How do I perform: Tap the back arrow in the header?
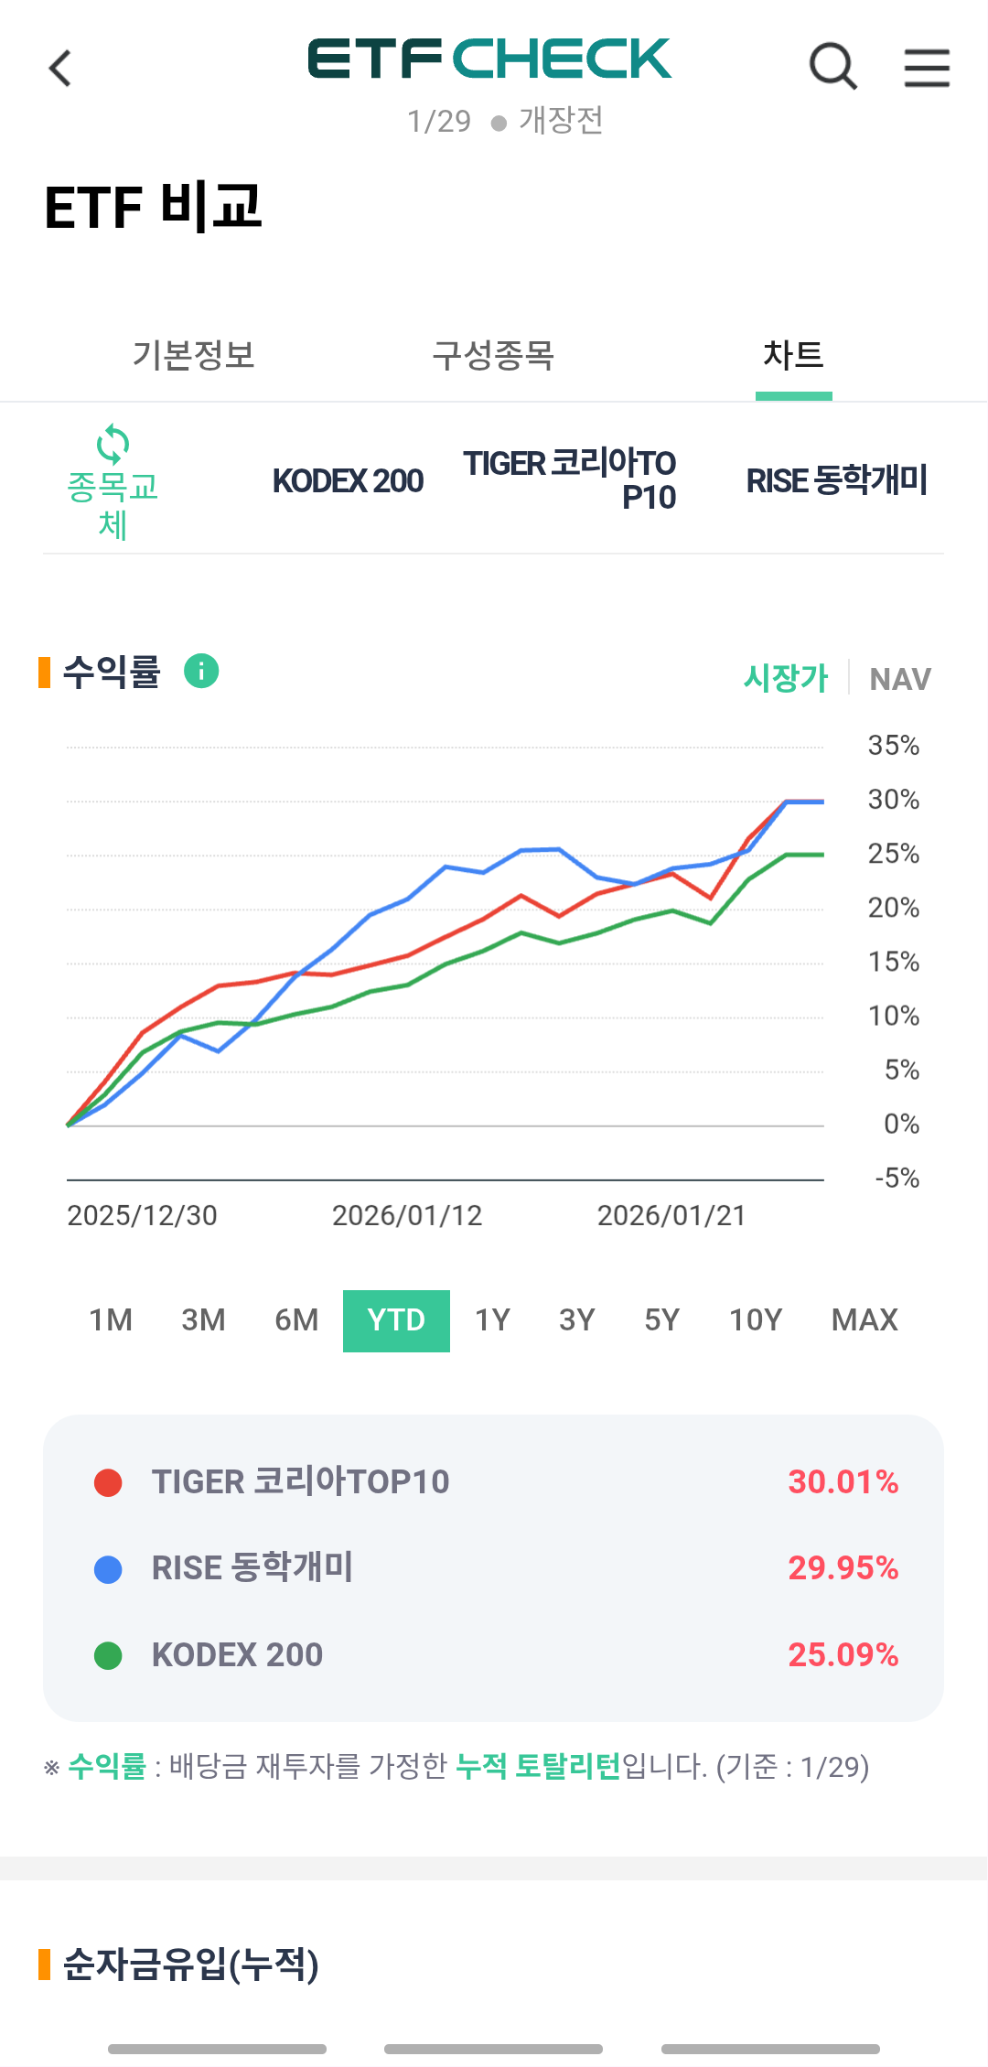tap(60, 69)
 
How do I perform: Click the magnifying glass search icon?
tap(832, 67)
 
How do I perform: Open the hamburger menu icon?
tap(927, 68)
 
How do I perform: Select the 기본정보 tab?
tap(193, 355)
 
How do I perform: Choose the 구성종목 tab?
tap(493, 355)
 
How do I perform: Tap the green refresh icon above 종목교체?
tap(113, 445)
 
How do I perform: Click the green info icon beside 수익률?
tap(201, 671)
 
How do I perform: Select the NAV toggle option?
tap(900, 679)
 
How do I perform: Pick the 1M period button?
tap(111, 1320)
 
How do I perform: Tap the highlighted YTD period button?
tap(396, 1320)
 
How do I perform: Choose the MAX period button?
tap(864, 1320)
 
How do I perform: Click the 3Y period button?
tap(577, 1320)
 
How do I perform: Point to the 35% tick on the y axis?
tap(893, 746)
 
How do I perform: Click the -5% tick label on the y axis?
tap(897, 1178)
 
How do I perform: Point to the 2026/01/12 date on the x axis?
tap(407, 1216)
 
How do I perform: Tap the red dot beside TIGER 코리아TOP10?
tap(108, 1482)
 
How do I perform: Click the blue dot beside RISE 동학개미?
tap(108, 1569)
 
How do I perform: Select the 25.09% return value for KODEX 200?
tap(843, 1655)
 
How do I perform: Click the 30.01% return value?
tap(843, 1482)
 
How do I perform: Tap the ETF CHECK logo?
tap(489, 59)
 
